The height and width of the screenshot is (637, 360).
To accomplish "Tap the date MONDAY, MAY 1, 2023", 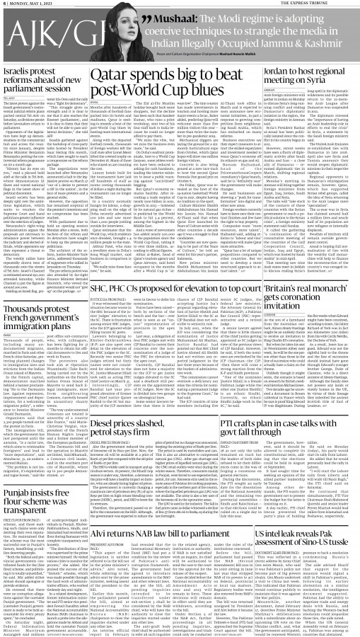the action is coord(28,4).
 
